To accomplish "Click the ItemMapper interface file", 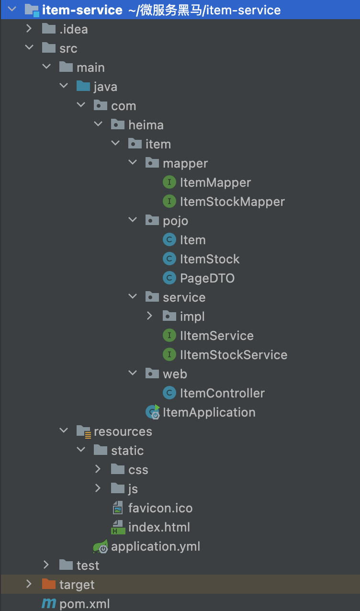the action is [x=215, y=182].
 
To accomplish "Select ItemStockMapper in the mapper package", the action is [x=232, y=202].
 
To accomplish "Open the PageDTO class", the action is [x=207, y=278].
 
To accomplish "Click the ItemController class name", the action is [x=222, y=393].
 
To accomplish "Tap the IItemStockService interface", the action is [x=234, y=355].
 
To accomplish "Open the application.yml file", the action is [x=156, y=546].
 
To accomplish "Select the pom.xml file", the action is [x=85, y=604].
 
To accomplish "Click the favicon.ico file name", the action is [x=160, y=508].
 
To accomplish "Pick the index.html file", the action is [x=159, y=527].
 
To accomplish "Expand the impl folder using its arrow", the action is [x=149, y=316].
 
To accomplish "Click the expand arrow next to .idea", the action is [x=29, y=28].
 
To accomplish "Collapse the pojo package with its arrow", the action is [x=133, y=220].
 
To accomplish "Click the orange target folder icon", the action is [x=49, y=584].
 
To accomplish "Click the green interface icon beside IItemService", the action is [x=169, y=335].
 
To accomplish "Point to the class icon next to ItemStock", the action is [x=169, y=259].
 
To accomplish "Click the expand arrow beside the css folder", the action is [x=98, y=469].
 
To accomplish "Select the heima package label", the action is [x=146, y=125].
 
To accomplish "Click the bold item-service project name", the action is [x=82, y=10].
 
